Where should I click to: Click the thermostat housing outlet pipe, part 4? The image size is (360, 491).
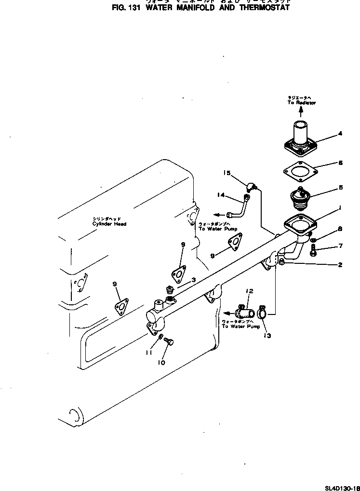point(299,137)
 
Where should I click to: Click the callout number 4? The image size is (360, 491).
point(340,134)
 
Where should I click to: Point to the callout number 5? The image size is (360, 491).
point(340,187)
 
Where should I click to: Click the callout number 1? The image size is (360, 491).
point(340,208)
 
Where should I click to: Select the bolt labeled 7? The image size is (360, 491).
point(313,250)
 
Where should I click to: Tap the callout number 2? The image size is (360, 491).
point(340,265)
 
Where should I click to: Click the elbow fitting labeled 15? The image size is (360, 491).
point(252,186)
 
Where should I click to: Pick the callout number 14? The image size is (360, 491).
point(221,195)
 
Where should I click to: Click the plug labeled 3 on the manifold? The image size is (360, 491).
point(169,291)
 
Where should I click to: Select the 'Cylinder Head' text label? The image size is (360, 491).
point(110,224)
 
